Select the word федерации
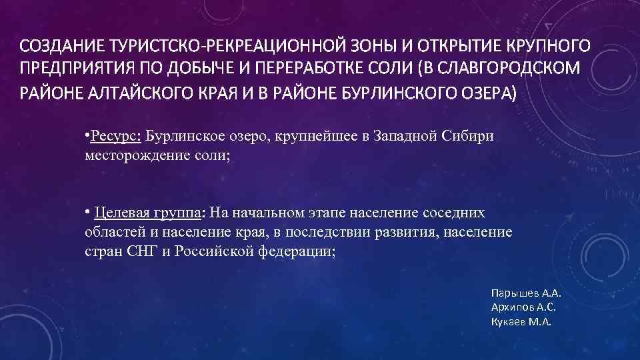tap(293, 253)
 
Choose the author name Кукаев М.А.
tap(521, 321)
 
